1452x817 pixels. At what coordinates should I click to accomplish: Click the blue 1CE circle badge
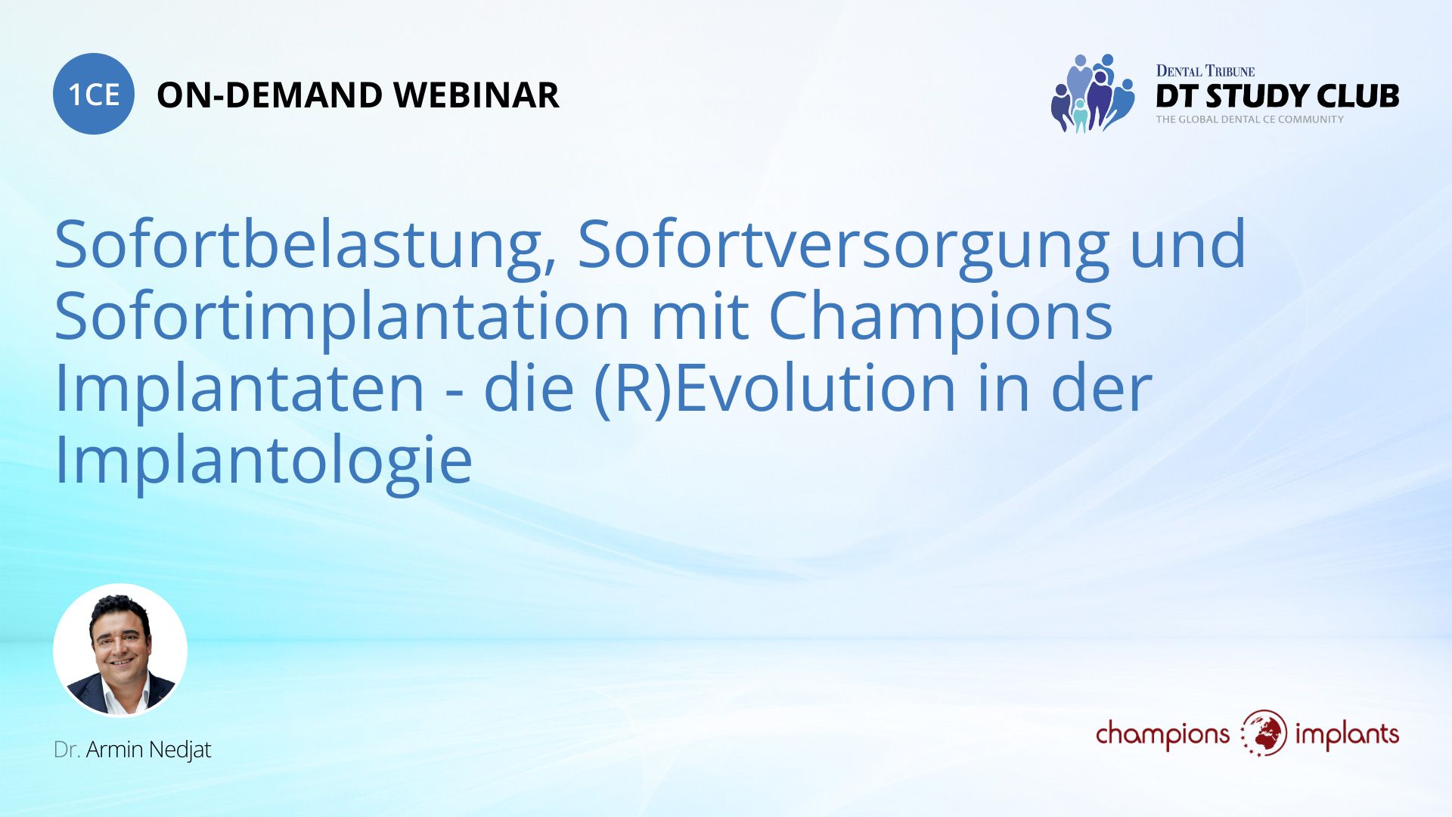(x=94, y=94)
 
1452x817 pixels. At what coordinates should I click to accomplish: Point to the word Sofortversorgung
(x=843, y=245)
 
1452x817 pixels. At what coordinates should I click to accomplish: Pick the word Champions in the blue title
(x=940, y=316)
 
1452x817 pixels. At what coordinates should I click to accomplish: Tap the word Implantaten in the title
(x=239, y=387)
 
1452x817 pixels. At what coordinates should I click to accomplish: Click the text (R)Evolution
(x=775, y=387)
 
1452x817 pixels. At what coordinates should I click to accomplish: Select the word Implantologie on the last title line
(x=263, y=459)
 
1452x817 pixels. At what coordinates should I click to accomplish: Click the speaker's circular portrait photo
(x=120, y=650)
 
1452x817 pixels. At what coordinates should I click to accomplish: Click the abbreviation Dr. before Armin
(x=67, y=750)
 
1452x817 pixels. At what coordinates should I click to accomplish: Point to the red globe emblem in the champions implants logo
(x=1264, y=733)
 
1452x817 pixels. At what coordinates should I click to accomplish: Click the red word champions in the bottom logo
(x=1162, y=735)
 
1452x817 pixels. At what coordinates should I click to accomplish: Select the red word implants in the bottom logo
(x=1346, y=735)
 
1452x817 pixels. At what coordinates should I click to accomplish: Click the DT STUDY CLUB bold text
(x=1277, y=96)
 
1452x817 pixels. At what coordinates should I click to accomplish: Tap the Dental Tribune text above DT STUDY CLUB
(x=1205, y=71)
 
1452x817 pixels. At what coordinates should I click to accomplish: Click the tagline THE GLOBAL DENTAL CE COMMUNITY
(x=1249, y=120)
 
